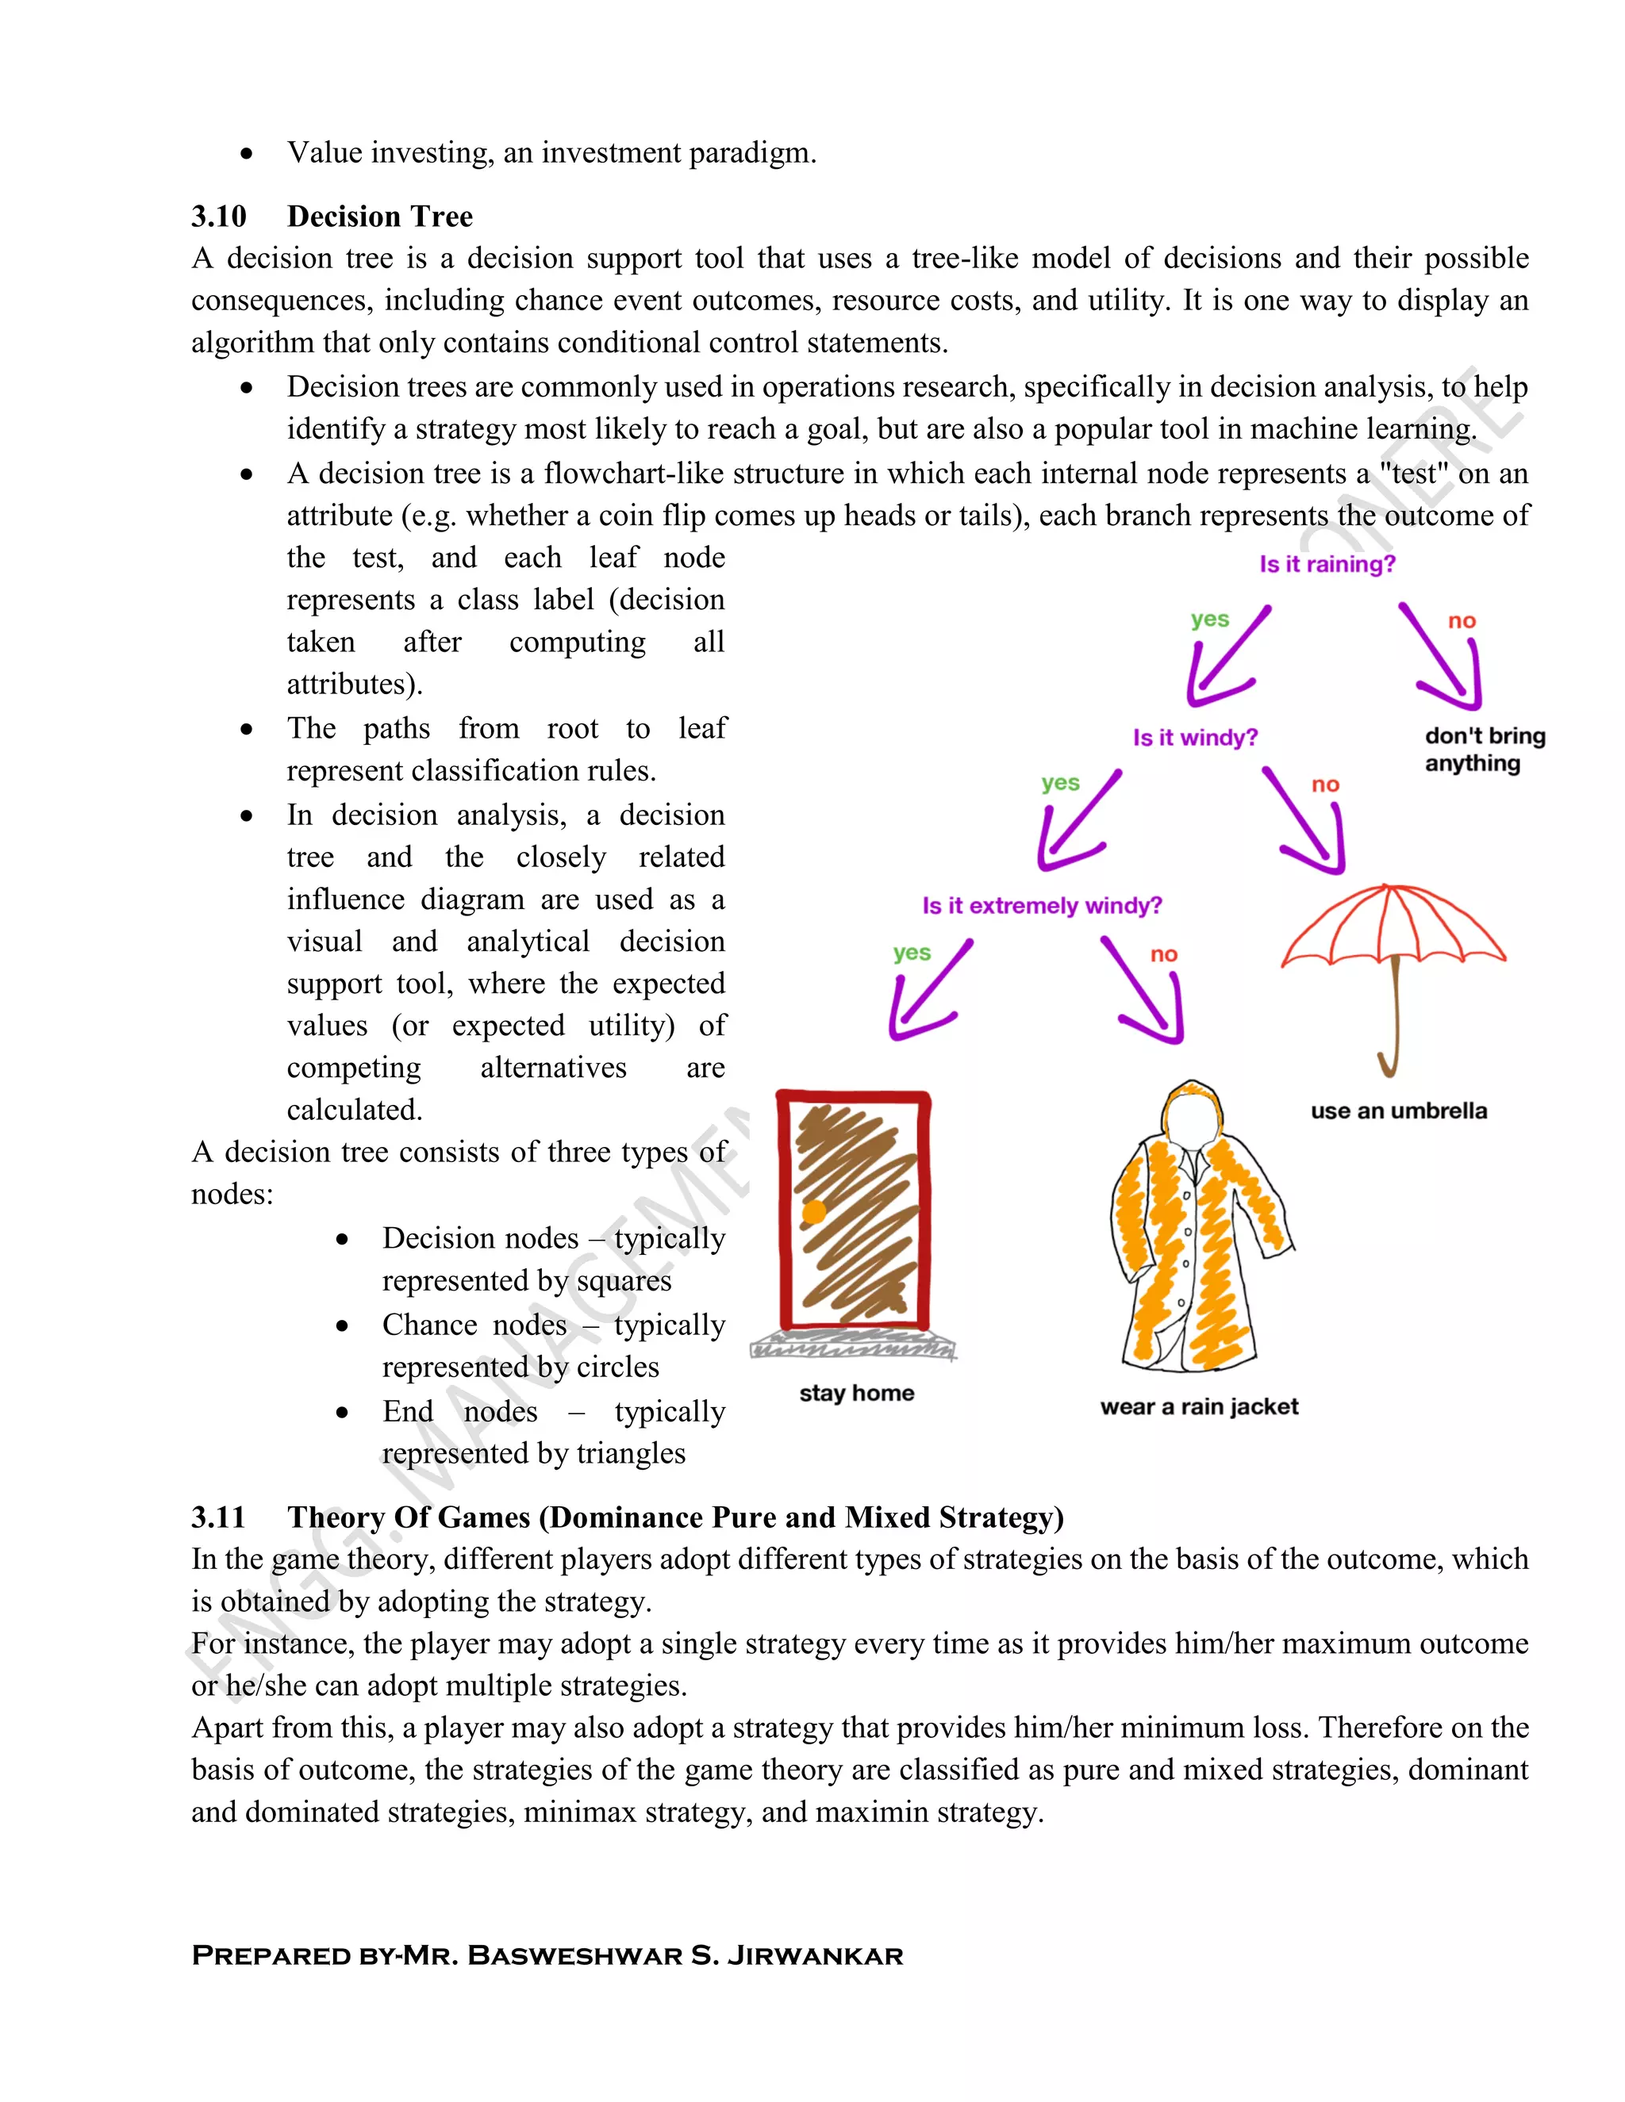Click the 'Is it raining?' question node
[x=1327, y=564]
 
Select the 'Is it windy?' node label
[x=1195, y=738]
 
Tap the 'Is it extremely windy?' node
[x=1042, y=906]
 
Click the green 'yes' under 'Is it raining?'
[x=1209, y=619]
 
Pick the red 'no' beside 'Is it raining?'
[x=1462, y=621]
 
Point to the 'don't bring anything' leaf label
[x=1484, y=750]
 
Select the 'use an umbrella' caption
[x=1398, y=1110]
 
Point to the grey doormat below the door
[x=853, y=1345]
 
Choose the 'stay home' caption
[x=856, y=1393]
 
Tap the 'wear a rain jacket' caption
[x=1199, y=1407]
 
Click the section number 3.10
[x=218, y=217]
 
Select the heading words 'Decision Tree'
[x=379, y=217]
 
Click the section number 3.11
[x=218, y=1517]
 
